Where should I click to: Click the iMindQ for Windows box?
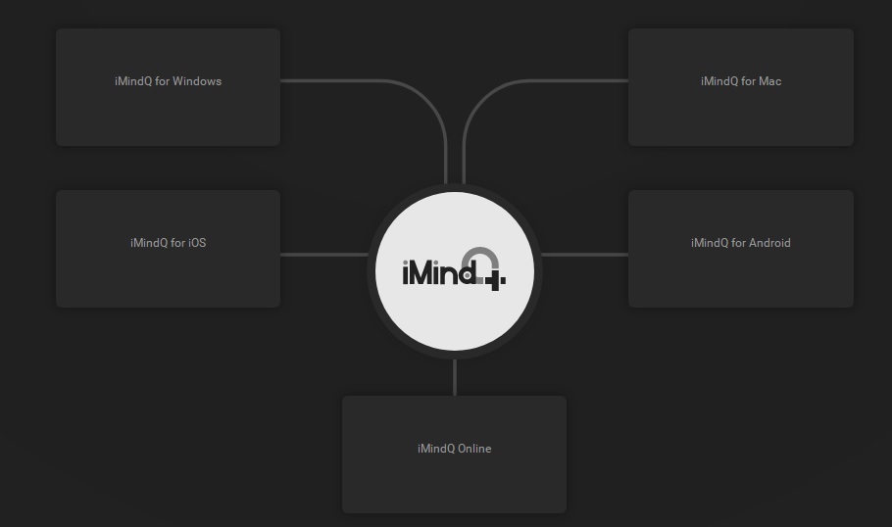point(168,87)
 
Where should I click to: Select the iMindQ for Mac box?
point(741,87)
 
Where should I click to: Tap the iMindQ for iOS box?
point(168,249)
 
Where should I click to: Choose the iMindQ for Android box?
point(741,249)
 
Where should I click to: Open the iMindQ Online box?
point(454,455)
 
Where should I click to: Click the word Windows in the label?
point(197,81)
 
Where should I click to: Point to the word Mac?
point(769,81)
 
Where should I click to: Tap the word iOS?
point(197,243)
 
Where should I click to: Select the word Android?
point(769,243)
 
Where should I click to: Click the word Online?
point(474,449)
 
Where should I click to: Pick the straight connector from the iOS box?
point(324,254)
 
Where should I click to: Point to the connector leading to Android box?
point(585,254)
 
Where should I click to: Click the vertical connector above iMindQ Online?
point(455,377)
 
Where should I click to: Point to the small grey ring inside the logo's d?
point(467,275)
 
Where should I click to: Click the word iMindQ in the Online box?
point(436,449)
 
